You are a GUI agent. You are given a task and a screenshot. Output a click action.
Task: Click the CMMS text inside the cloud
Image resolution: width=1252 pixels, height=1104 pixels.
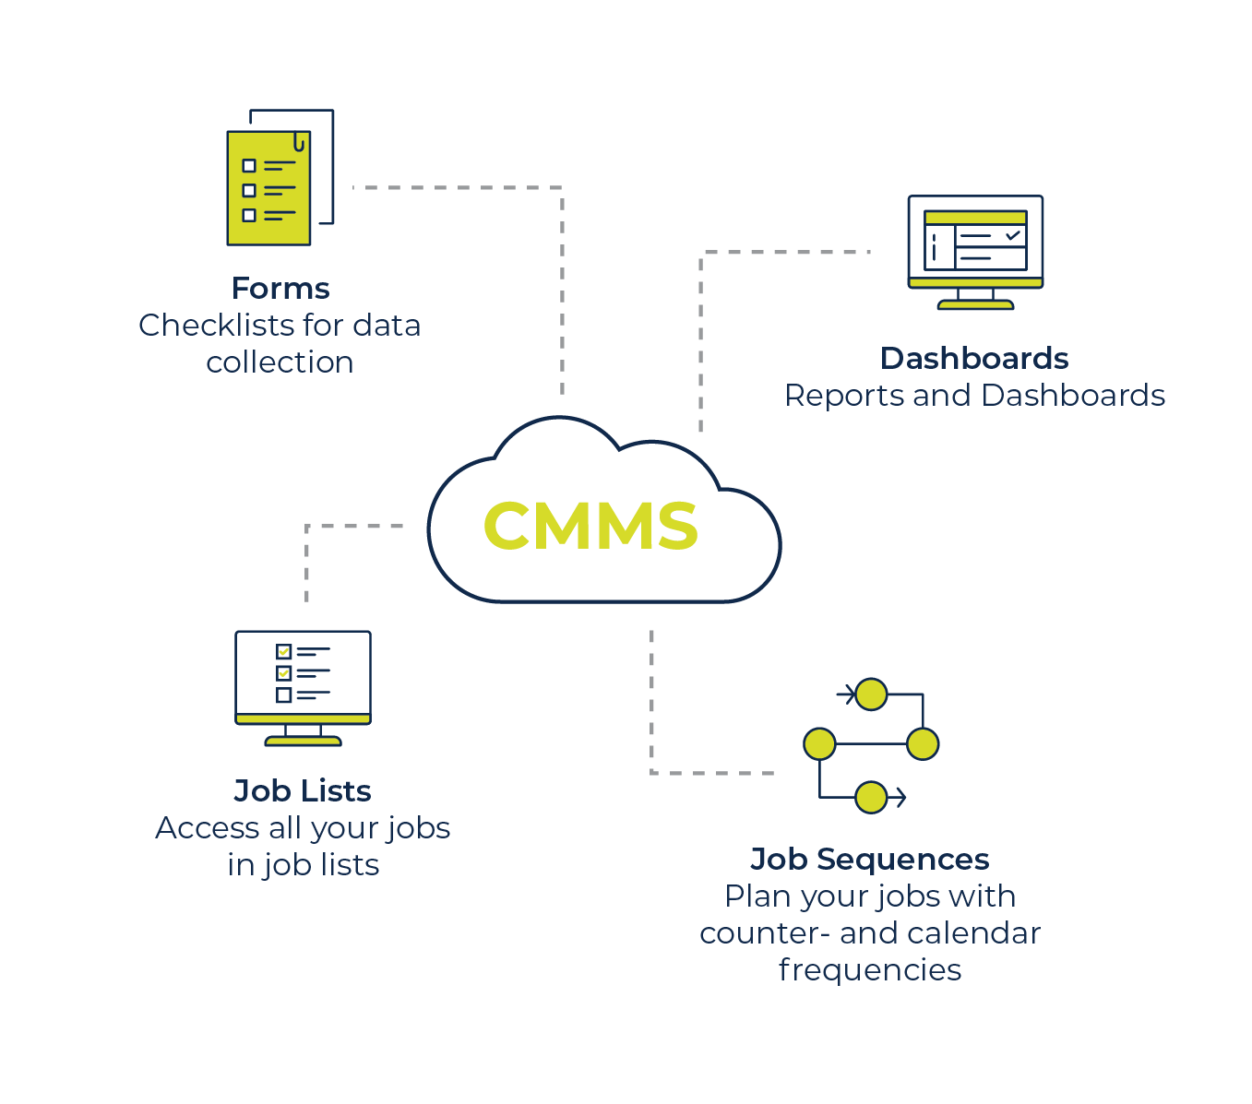[x=590, y=526]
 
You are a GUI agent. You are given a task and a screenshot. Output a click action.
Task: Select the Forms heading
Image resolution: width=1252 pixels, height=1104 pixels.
[x=280, y=289]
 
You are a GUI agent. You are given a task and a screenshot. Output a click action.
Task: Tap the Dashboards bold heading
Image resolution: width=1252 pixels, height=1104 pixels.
[x=974, y=359]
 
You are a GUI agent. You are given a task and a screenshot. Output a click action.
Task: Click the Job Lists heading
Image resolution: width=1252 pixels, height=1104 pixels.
[x=303, y=791]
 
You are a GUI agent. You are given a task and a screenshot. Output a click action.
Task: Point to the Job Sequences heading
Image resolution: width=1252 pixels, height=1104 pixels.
[x=869, y=860]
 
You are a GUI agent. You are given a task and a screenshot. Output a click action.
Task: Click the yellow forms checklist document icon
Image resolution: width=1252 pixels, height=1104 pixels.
[x=268, y=188]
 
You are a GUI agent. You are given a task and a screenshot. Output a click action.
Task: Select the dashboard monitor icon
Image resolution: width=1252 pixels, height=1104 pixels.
[x=975, y=250]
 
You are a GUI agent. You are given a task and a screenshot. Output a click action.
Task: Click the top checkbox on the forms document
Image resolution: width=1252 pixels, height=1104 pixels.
[x=249, y=166]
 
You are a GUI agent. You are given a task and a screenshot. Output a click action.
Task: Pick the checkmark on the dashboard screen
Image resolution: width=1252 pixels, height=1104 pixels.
[x=1013, y=235]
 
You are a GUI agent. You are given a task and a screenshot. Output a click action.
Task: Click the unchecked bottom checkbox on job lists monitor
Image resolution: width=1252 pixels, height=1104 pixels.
[x=284, y=695]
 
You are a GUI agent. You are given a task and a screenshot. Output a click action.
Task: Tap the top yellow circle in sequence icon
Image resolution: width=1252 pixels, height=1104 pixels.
[x=871, y=694]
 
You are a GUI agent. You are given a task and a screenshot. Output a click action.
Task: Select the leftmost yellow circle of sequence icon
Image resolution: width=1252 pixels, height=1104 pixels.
[x=819, y=743]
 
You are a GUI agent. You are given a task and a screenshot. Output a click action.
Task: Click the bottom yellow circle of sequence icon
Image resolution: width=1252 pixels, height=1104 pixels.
[x=871, y=797]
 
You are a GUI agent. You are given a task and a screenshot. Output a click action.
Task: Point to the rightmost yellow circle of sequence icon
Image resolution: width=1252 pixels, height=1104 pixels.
[x=923, y=743]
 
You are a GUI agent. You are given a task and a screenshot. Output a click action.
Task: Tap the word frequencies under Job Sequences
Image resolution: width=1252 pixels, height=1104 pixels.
[x=869, y=970]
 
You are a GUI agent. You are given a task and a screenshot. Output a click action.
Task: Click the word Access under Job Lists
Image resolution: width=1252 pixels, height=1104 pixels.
[x=208, y=828]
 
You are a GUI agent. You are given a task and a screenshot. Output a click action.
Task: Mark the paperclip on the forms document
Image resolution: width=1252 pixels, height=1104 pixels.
[x=299, y=143]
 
